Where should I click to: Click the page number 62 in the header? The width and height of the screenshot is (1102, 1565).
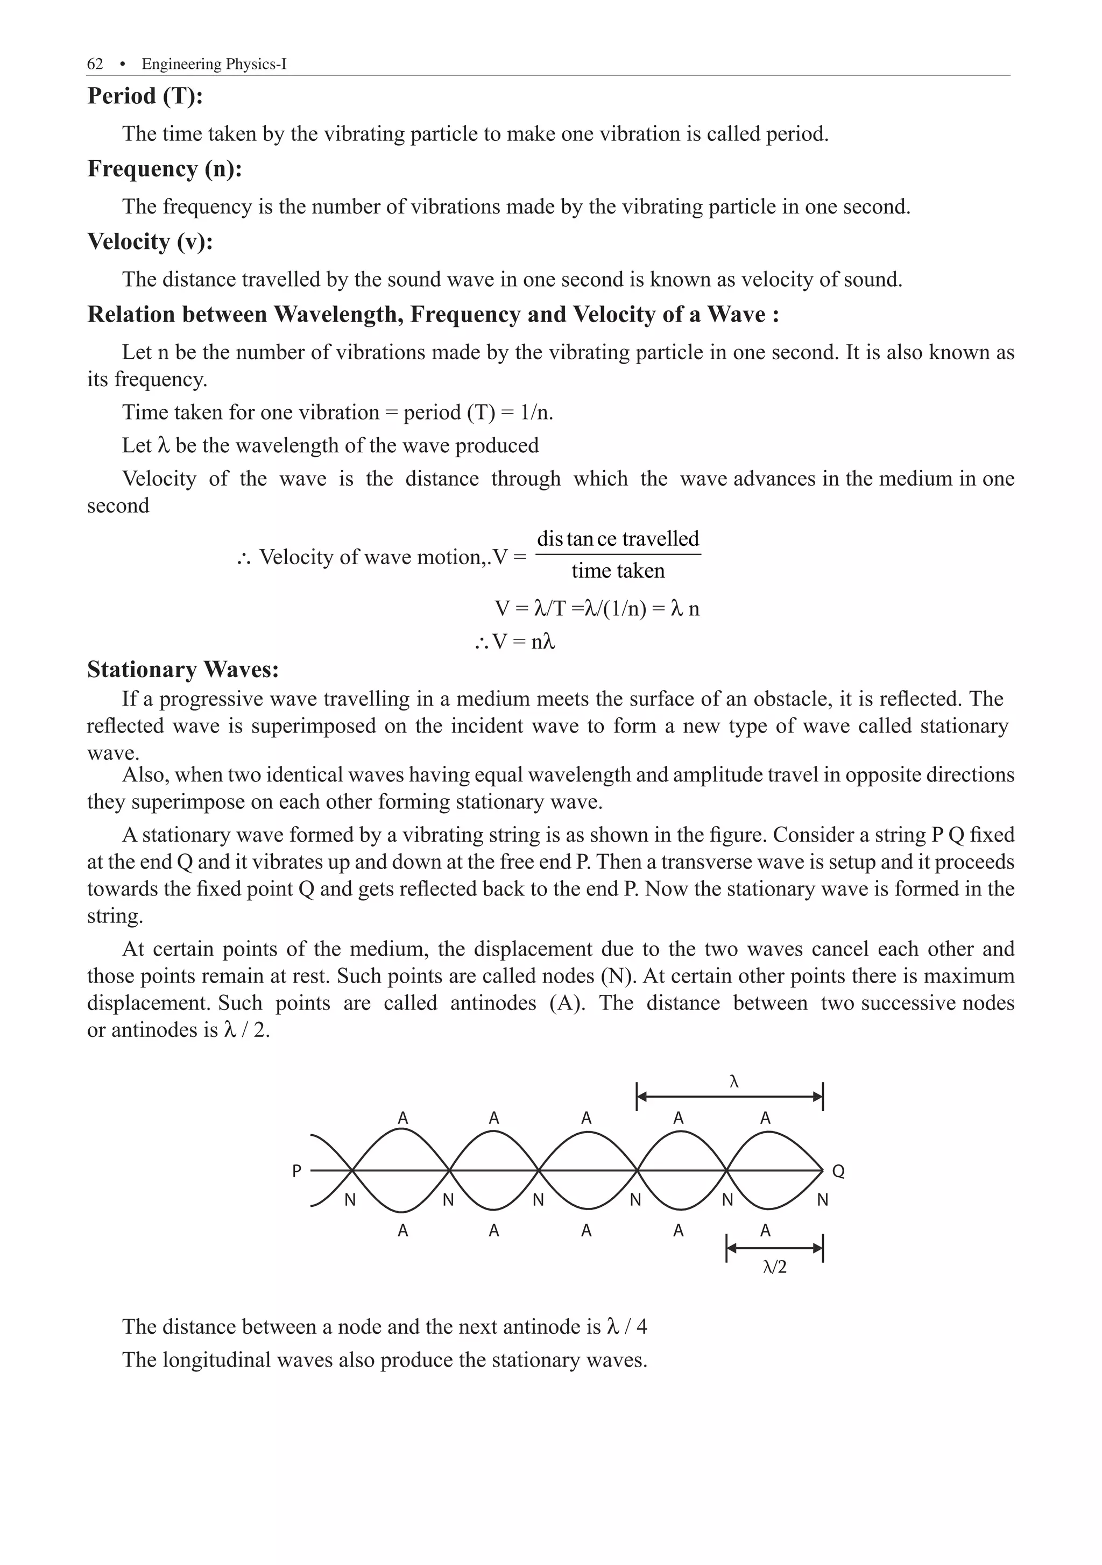[95, 64]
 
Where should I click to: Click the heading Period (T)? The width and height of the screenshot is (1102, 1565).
[145, 96]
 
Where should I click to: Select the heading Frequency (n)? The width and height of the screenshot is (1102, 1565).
[164, 169]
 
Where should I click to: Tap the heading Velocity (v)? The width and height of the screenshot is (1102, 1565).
[150, 242]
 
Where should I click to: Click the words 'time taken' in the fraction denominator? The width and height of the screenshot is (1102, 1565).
[618, 571]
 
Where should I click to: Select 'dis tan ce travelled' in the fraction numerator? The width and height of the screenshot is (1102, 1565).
[618, 539]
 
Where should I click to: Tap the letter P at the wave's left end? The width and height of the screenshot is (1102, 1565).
[296, 1171]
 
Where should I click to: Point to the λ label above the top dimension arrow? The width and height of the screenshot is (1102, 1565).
[734, 1082]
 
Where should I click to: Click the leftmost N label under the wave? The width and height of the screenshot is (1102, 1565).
[350, 1200]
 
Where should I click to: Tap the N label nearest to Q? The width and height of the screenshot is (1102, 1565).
[822, 1200]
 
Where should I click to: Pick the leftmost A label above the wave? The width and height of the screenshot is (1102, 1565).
[403, 1119]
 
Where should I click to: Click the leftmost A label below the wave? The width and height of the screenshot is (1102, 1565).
[403, 1231]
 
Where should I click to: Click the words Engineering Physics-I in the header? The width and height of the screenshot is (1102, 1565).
[214, 64]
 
